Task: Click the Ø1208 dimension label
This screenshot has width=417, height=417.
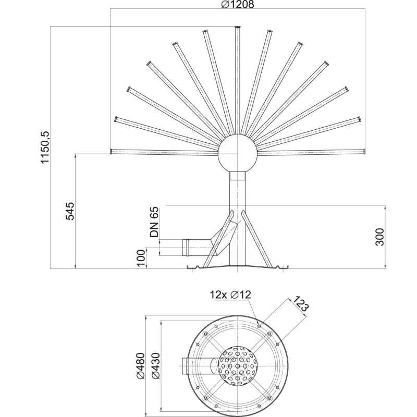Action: coord(238,4)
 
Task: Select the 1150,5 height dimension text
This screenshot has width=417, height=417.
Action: coord(45,148)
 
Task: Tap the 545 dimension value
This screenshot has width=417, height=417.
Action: coord(70,211)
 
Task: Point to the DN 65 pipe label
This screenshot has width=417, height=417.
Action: coord(154,222)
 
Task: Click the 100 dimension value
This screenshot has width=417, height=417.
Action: coord(141,257)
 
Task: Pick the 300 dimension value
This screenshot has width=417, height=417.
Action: coord(380,237)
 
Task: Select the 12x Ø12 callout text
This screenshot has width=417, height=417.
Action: coord(230,295)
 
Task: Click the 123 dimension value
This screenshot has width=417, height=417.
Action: coord(301,304)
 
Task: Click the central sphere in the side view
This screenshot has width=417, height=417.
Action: coord(238,153)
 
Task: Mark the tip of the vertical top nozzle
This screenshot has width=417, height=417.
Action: coord(238,27)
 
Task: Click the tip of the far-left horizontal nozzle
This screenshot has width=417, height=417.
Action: coord(111,151)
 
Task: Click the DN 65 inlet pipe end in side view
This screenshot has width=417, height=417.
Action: coord(186,248)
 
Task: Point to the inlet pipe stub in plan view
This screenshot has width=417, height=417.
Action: coord(185,366)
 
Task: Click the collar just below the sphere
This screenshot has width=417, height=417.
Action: coord(238,176)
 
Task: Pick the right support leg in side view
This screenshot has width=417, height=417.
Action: coord(257,239)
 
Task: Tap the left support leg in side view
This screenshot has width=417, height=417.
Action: coord(218,239)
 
